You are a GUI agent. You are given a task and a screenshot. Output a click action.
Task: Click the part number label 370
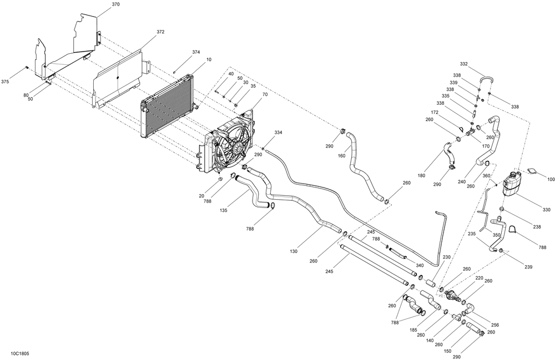coord(115,4)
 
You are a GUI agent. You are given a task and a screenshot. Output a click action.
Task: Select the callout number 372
coord(160,32)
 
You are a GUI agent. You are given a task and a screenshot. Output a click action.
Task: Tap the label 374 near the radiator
coord(196,52)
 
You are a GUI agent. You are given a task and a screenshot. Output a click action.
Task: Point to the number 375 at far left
coord(5,82)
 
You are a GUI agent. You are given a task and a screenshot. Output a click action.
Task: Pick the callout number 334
coord(278,133)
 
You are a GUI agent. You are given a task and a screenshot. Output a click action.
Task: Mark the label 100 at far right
coord(551,179)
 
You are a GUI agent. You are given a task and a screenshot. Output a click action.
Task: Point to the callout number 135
coord(224,210)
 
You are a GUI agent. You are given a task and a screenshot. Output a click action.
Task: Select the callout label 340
coord(420,265)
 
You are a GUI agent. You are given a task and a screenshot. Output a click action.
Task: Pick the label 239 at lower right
coord(527,267)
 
